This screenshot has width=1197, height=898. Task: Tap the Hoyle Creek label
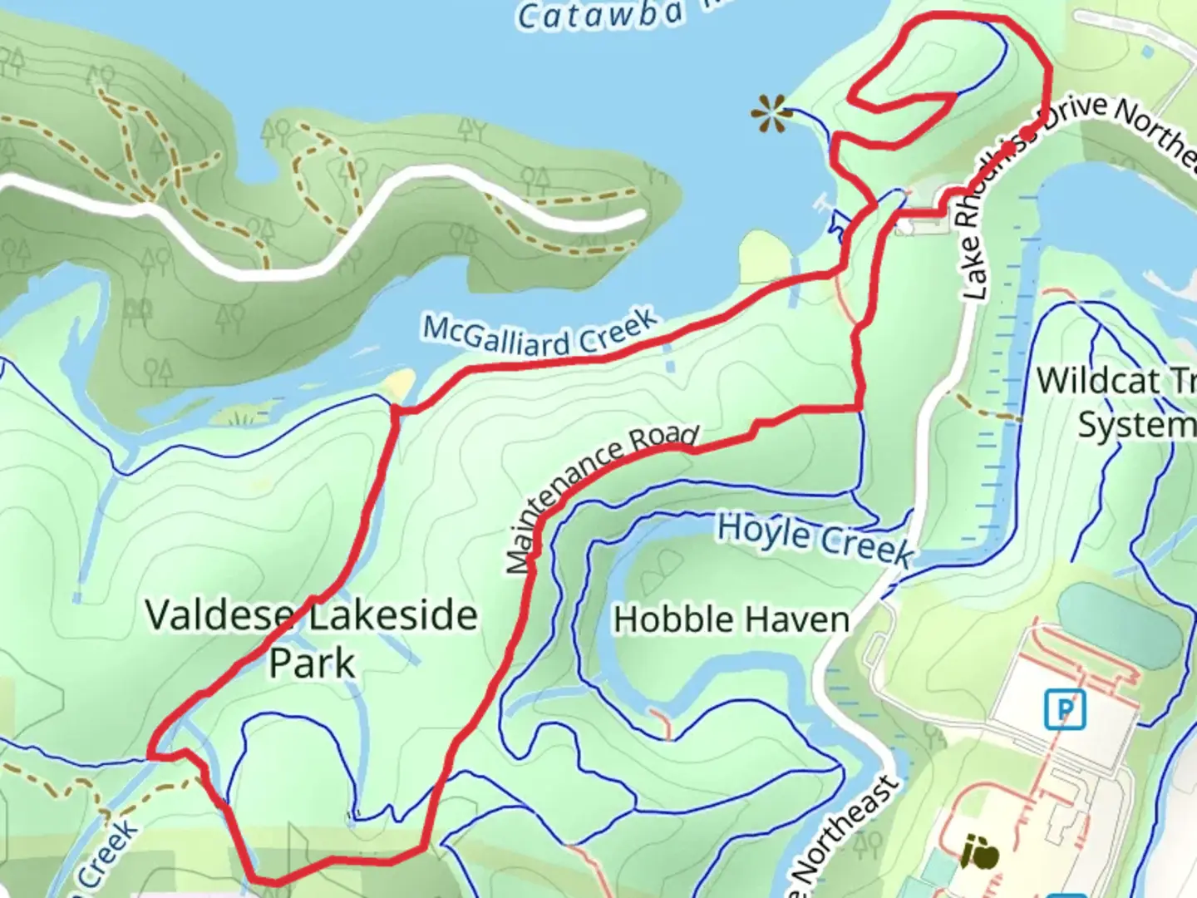815,540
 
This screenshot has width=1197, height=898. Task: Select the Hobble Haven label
731,620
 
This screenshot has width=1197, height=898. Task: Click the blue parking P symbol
1066,710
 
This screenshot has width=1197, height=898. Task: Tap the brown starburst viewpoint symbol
771,114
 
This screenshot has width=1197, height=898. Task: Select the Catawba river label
600,15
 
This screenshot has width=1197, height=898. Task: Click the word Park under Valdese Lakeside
312,663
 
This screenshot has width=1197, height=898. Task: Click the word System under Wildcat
1135,425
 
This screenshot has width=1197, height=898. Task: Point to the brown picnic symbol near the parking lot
979,852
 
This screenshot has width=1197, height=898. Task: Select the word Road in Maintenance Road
663,440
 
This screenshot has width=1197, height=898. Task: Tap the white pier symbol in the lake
823,200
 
